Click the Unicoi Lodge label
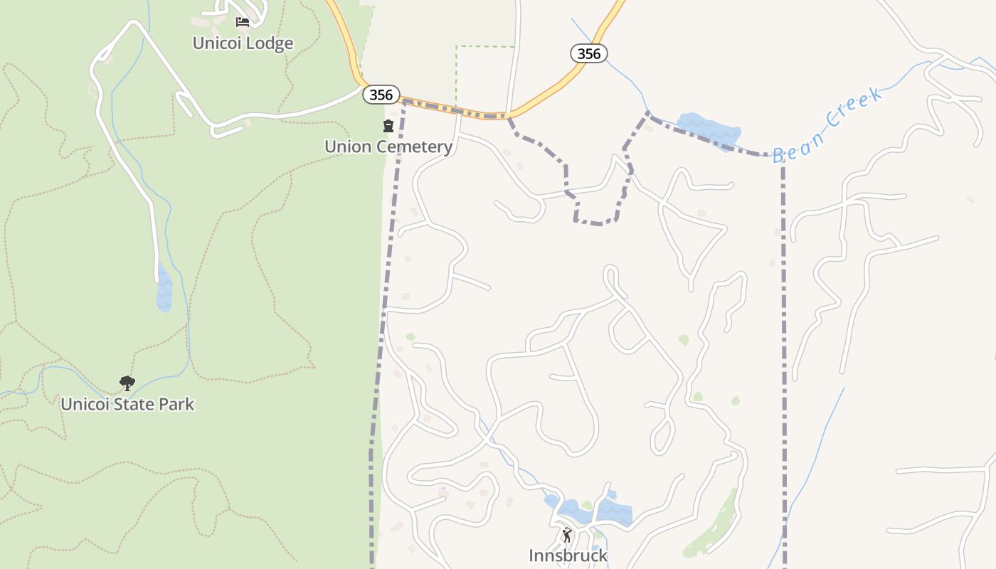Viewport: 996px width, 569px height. click(x=243, y=43)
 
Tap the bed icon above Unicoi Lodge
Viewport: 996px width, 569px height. click(x=243, y=22)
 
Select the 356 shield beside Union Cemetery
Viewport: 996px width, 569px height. click(x=381, y=95)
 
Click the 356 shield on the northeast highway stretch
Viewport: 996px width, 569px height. click(x=589, y=53)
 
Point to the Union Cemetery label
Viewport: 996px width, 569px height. click(x=388, y=147)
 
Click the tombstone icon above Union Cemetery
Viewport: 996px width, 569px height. click(x=388, y=127)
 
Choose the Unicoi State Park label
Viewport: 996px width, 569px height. click(x=127, y=404)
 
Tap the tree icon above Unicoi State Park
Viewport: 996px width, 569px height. click(x=127, y=384)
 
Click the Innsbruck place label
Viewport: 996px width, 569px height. click(x=568, y=555)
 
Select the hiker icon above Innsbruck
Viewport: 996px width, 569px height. click(x=567, y=535)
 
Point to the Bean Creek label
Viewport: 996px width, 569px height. click(x=827, y=125)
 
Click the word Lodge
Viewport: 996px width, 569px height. click(x=267, y=43)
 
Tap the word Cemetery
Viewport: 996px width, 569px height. click(x=416, y=147)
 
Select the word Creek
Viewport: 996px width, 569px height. click(x=854, y=110)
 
